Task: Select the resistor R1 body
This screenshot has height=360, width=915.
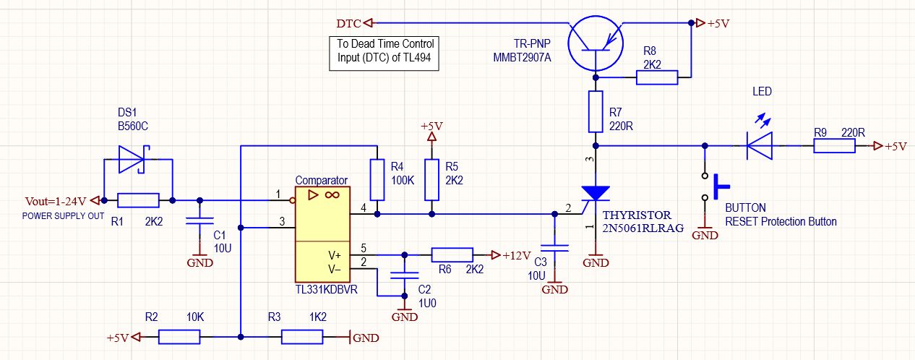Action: click(139, 201)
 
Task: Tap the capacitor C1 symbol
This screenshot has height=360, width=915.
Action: click(199, 220)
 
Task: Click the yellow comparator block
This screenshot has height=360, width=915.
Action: click(322, 234)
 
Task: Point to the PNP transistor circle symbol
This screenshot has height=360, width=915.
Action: click(596, 43)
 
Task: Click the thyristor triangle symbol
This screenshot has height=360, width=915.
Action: click(596, 193)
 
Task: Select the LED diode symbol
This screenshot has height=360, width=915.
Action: click(760, 146)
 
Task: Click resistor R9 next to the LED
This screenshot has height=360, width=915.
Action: click(834, 146)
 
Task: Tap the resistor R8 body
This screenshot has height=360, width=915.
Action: click(657, 77)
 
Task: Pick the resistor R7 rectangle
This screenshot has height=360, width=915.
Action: click(596, 111)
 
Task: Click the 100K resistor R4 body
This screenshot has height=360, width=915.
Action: click(377, 180)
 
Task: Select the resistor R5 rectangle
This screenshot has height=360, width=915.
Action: click(431, 180)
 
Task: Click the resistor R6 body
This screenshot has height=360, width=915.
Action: click(452, 255)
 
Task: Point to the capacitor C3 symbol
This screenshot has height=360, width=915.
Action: click(554, 248)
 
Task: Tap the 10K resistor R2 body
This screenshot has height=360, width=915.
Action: click(179, 337)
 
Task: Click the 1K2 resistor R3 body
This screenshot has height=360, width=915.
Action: click(302, 337)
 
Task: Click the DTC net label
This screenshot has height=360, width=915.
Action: click(349, 24)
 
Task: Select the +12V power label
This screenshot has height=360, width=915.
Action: click(517, 256)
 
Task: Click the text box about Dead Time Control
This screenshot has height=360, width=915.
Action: click(384, 53)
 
